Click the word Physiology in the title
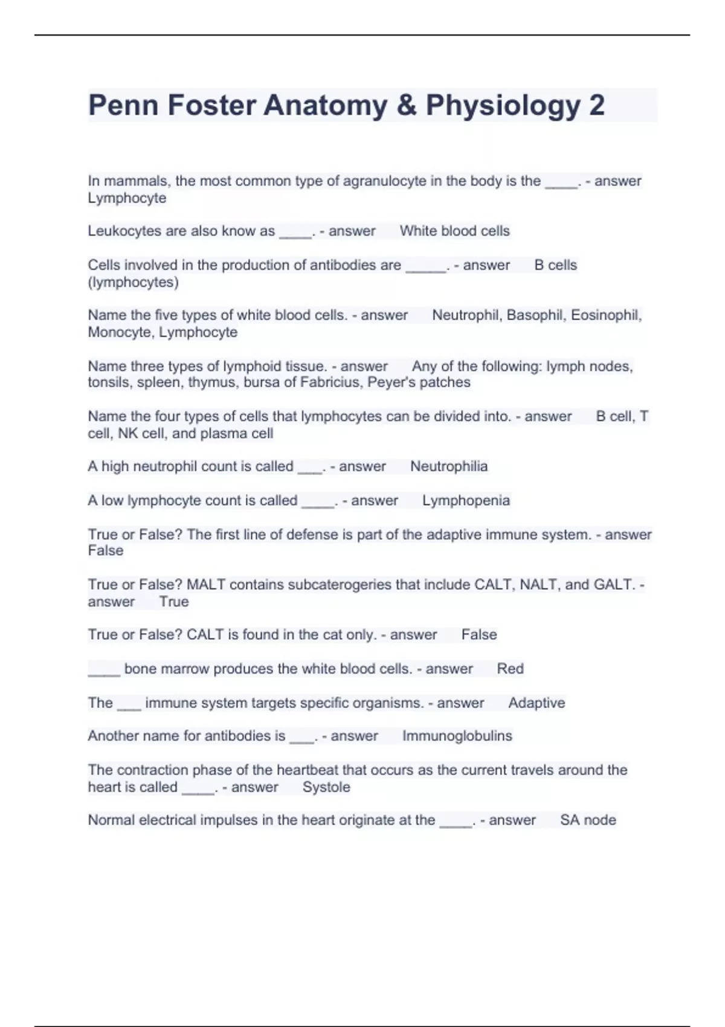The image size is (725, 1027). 503,106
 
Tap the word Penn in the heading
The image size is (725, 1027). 123,106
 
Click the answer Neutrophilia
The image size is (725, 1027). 449,466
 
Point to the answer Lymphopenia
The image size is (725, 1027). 466,500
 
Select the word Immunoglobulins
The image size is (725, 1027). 457,736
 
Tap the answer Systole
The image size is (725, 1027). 326,787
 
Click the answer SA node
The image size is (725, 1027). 588,820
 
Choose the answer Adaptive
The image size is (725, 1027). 536,703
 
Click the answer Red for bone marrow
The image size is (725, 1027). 510,669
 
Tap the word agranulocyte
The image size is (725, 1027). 384,181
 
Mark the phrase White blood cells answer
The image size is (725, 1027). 454,231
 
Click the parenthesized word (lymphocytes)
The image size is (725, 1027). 133,282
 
